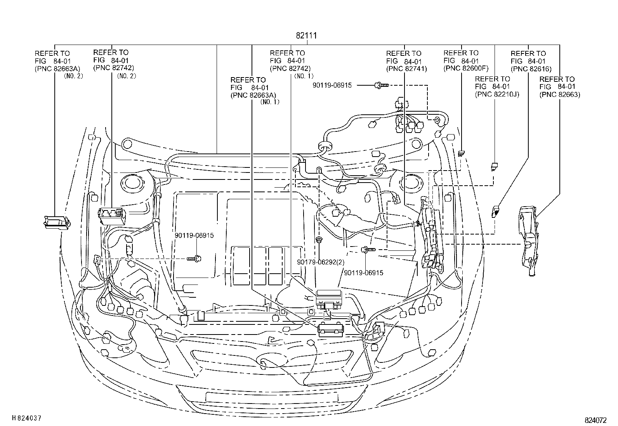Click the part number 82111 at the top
point(306,36)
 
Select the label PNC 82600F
point(465,69)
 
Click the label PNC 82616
point(531,69)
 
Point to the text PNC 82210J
point(497,94)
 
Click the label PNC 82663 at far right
point(559,94)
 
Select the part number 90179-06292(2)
point(321,262)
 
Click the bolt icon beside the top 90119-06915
point(380,85)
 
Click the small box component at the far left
point(57,222)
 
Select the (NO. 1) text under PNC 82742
point(304,76)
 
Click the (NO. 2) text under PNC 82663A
point(73,76)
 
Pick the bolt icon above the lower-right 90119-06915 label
point(367,250)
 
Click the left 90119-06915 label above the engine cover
point(194,236)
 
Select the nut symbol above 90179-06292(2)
point(319,240)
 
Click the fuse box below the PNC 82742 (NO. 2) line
point(112,216)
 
